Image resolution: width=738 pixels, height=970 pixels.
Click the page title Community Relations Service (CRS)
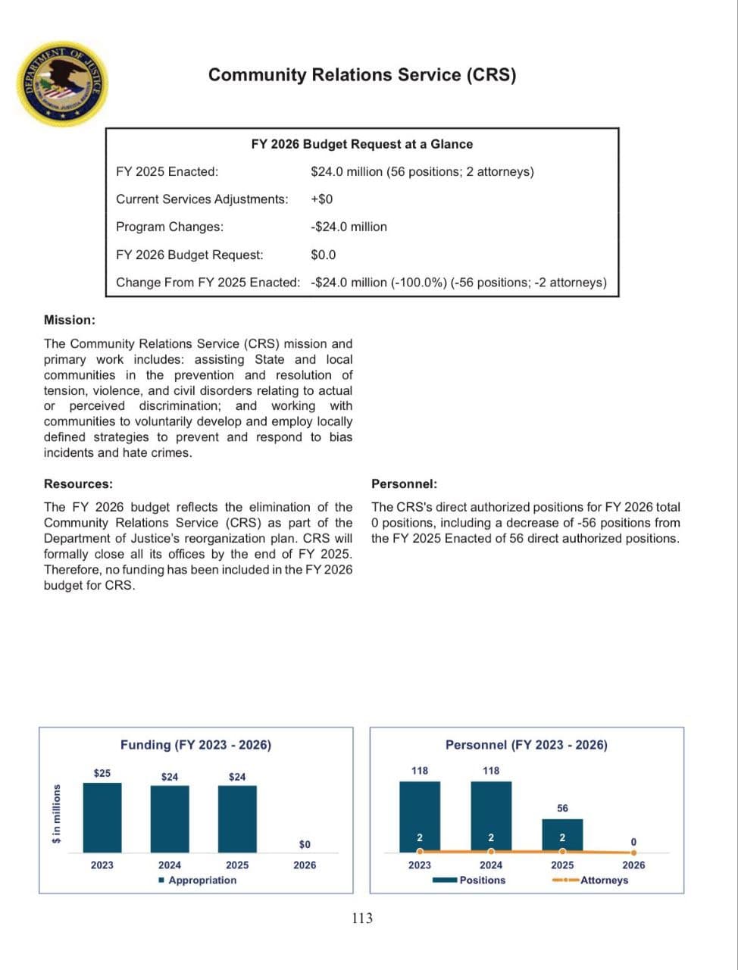361,75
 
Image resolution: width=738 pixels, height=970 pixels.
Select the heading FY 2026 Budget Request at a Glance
361,144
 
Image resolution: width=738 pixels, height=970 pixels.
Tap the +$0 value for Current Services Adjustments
321,199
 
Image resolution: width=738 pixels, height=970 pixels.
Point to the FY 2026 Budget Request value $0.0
323,255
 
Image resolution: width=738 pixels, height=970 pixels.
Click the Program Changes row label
170,227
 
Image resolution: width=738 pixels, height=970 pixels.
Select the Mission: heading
69,320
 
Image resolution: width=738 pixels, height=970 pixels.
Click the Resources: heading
78,483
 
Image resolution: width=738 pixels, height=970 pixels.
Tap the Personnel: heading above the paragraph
404,483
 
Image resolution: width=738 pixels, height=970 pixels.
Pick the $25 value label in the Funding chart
102,773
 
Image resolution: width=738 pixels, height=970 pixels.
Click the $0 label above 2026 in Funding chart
305,844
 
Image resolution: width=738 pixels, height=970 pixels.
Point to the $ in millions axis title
55,814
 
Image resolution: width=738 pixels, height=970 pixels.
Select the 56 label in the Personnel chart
562,808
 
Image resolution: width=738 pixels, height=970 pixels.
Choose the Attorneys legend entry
603,880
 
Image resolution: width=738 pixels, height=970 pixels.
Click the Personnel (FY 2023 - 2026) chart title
526,745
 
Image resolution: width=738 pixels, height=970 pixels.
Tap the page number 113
363,918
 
